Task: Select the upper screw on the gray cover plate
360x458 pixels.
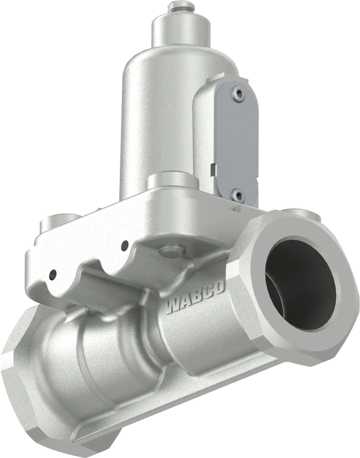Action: point(239,94)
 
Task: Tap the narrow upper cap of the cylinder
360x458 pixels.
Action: point(181,31)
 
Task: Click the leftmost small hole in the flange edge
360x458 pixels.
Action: point(52,274)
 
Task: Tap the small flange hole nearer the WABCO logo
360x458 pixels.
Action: point(125,244)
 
